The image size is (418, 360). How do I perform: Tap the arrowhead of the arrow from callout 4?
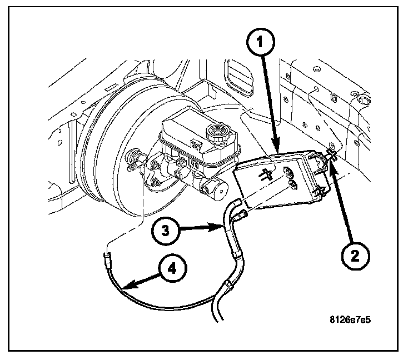(125, 288)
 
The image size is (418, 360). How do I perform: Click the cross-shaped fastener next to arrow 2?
(331, 155)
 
